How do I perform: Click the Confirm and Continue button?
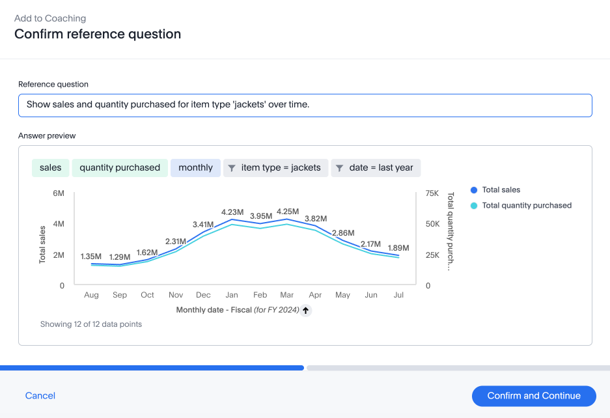pyautogui.click(x=533, y=396)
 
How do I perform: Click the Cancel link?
pyautogui.click(x=40, y=396)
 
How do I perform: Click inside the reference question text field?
pyautogui.click(x=305, y=105)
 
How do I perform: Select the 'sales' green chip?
pyautogui.click(x=50, y=168)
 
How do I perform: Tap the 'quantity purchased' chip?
pyautogui.click(x=120, y=168)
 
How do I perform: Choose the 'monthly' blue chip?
pyautogui.click(x=195, y=168)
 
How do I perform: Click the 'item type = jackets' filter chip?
pyautogui.click(x=275, y=168)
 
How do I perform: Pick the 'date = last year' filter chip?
pyautogui.click(x=376, y=168)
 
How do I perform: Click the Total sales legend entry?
pyautogui.click(x=501, y=190)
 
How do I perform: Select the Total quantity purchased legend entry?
pyautogui.click(x=526, y=206)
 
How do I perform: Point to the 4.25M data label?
pyautogui.click(x=287, y=212)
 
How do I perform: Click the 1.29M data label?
pyautogui.click(x=120, y=257)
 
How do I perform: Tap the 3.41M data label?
pyautogui.click(x=203, y=225)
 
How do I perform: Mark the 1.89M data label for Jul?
pyautogui.click(x=398, y=248)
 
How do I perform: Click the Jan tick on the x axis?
pyautogui.click(x=232, y=295)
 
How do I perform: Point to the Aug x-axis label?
pyautogui.click(x=91, y=295)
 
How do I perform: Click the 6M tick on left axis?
pyautogui.click(x=59, y=193)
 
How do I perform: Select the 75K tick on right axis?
pyautogui.click(x=432, y=193)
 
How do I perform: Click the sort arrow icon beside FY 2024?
pyautogui.click(x=306, y=311)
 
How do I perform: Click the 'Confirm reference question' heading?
pyautogui.click(x=98, y=34)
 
